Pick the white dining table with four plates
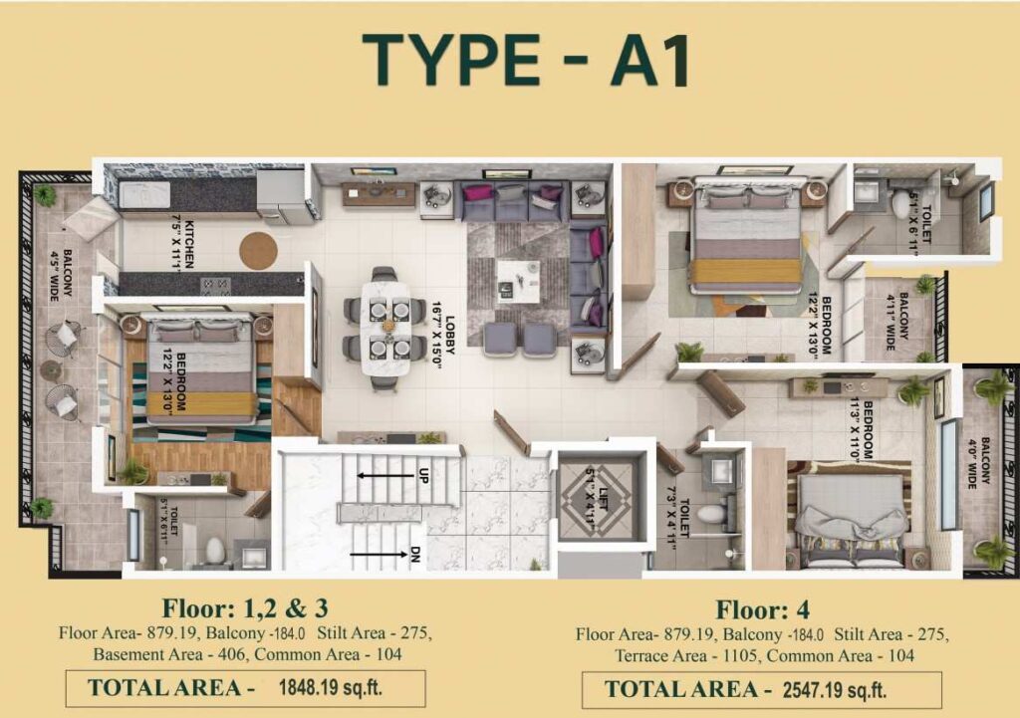pos(386,326)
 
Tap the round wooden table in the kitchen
pos(259,250)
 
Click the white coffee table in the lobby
pos(519,280)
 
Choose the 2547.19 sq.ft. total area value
pos(835,688)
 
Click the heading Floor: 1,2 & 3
pos(245,607)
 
